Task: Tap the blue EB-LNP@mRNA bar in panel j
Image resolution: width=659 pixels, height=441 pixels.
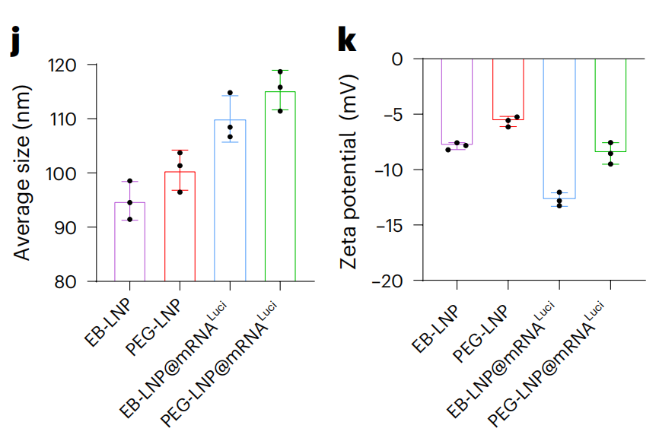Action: click(x=230, y=201)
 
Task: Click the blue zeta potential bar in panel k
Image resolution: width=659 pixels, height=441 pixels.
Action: click(x=559, y=128)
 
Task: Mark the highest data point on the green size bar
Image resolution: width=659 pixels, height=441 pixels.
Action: click(x=280, y=71)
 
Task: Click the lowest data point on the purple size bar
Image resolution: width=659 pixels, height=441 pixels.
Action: click(x=129, y=219)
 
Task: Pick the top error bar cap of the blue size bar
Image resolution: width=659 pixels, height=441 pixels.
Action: click(x=230, y=95)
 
